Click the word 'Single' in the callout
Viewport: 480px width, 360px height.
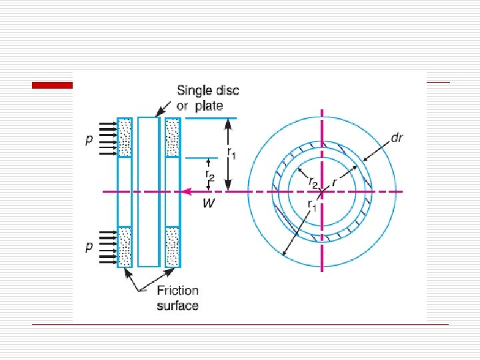click(195, 91)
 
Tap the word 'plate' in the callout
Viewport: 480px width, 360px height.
click(209, 106)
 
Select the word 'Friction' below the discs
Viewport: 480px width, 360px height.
click(178, 291)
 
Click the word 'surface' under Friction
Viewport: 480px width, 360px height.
click(177, 305)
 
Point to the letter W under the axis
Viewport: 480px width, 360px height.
click(209, 203)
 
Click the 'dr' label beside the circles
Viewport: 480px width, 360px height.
click(397, 138)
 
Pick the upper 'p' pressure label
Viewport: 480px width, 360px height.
click(89, 140)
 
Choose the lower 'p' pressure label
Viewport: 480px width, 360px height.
click(89, 247)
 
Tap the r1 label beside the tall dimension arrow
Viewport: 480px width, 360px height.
click(232, 153)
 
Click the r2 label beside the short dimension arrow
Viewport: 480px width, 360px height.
click(210, 175)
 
